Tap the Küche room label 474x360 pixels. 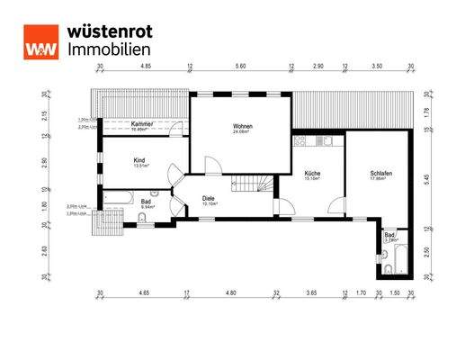point(312,175)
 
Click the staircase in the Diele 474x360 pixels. point(251,186)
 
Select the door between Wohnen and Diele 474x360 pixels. point(211,166)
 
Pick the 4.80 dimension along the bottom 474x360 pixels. point(229,292)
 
